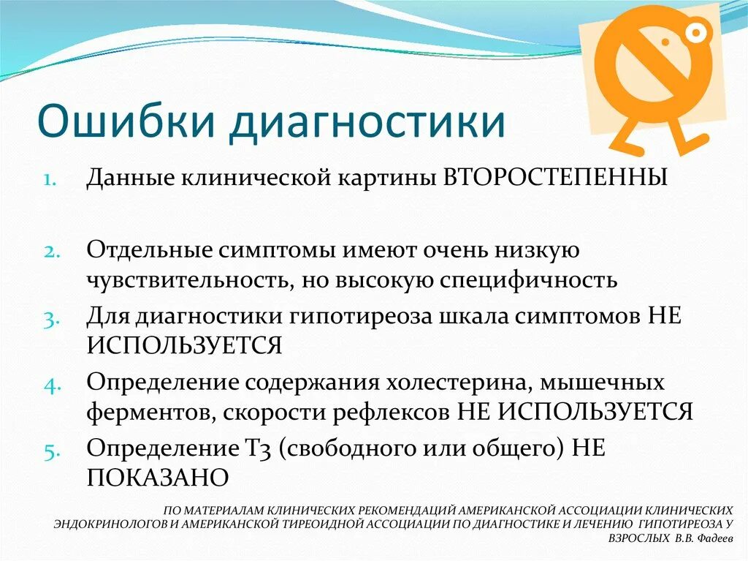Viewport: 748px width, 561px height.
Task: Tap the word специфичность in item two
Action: (524, 279)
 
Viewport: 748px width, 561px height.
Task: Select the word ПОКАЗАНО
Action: (158, 478)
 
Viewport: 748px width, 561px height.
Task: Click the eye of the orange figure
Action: (697, 31)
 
